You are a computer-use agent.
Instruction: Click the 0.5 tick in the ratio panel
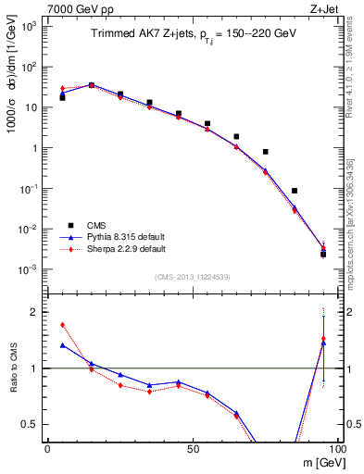(x=35, y=424)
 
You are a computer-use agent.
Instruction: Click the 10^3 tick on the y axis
(x=31, y=26)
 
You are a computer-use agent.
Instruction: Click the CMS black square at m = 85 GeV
(x=295, y=191)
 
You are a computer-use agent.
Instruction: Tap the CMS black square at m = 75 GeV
(x=266, y=152)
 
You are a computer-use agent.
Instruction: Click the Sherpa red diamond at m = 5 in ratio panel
(x=62, y=325)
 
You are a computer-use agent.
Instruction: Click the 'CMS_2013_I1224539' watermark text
(x=192, y=277)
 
